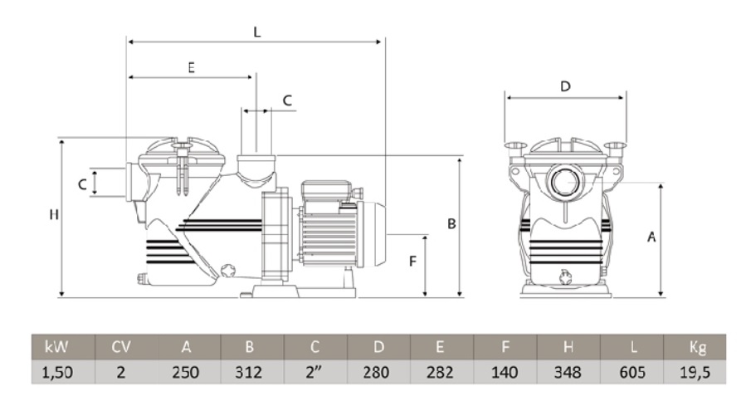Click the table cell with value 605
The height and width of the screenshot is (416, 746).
[x=631, y=372]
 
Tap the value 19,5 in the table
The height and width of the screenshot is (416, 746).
[x=695, y=372]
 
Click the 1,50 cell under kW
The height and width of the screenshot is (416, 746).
[x=57, y=372]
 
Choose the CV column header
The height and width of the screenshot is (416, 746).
[x=121, y=347]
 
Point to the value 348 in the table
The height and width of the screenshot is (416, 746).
[x=568, y=372]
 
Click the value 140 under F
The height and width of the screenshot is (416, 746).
[x=505, y=372]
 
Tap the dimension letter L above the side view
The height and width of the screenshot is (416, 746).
[x=257, y=32]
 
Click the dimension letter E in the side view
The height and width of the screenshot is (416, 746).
[x=191, y=67]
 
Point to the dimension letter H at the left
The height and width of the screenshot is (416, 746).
[x=54, y=215]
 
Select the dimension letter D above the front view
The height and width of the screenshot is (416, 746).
[x=565, y=86]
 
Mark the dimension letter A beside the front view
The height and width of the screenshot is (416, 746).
[x=651, y=237]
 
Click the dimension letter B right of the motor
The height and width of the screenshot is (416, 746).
[x=451, y=223]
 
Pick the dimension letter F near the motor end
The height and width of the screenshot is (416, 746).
[x=412, y=261]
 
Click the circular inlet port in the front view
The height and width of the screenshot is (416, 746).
[x=566, y=181]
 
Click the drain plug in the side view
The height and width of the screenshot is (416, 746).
[x=228, y=271]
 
